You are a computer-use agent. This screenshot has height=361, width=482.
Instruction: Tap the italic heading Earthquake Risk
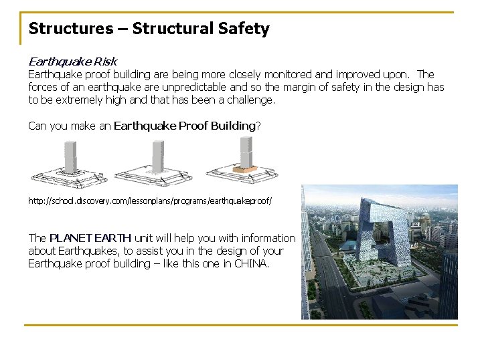[72, 62]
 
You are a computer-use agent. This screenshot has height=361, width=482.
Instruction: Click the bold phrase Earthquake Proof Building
[185, 126]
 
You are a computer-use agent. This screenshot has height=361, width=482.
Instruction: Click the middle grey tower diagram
[158, 156]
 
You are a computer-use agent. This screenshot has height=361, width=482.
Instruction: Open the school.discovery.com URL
[150, 200]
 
